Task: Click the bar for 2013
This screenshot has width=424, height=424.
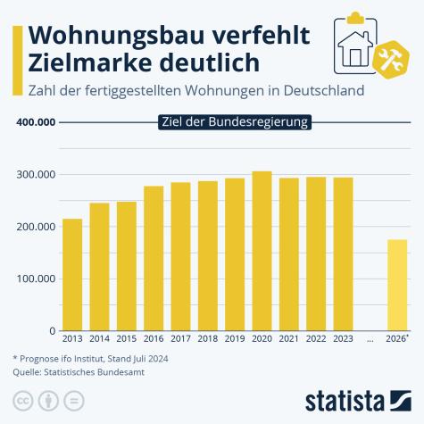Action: click(x=72, y=274)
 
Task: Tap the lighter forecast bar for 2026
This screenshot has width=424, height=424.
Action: click(x=397, y=285)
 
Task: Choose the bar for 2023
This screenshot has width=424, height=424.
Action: click(x=343, y=254)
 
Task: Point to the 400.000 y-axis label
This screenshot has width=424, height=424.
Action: click(x=37, y=122)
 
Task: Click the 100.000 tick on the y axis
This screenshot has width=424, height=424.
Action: click(x=37, y=279)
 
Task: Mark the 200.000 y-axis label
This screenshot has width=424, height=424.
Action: click(x=37, y=227)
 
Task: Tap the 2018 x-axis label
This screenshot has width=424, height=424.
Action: click(x=207, y=339)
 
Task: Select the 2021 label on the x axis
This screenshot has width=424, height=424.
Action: click(x=288, y=339)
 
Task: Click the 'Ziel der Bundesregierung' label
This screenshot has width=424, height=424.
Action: click(x=235, y=122)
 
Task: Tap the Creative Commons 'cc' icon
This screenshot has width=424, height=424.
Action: click(x=21, y=398)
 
